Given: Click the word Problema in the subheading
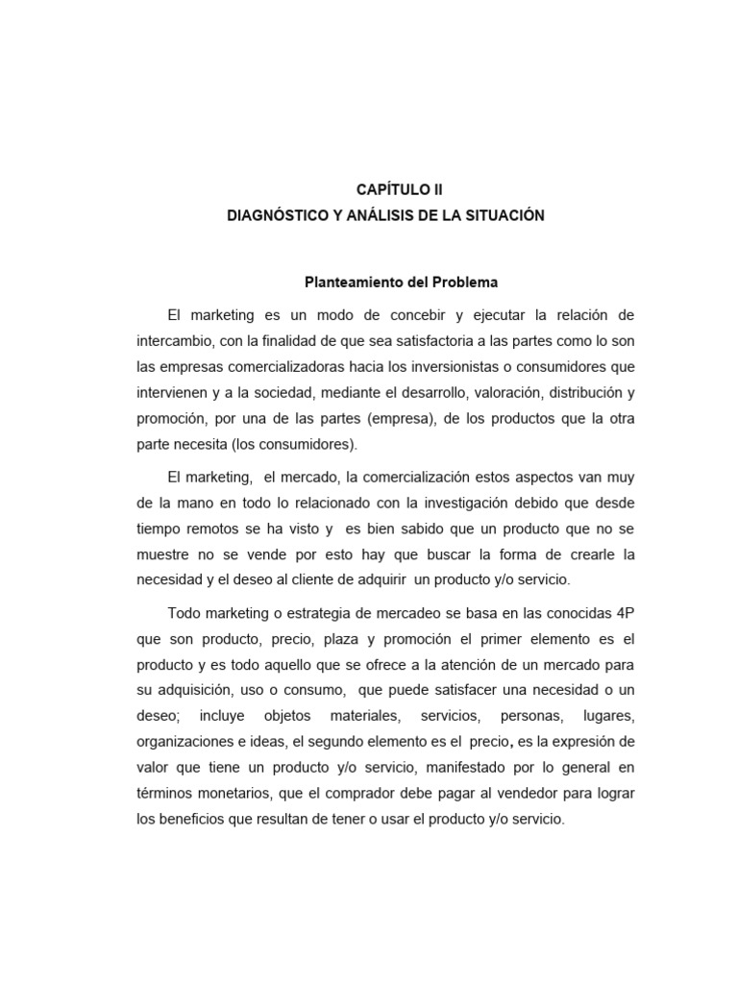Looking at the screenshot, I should [466, 283].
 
